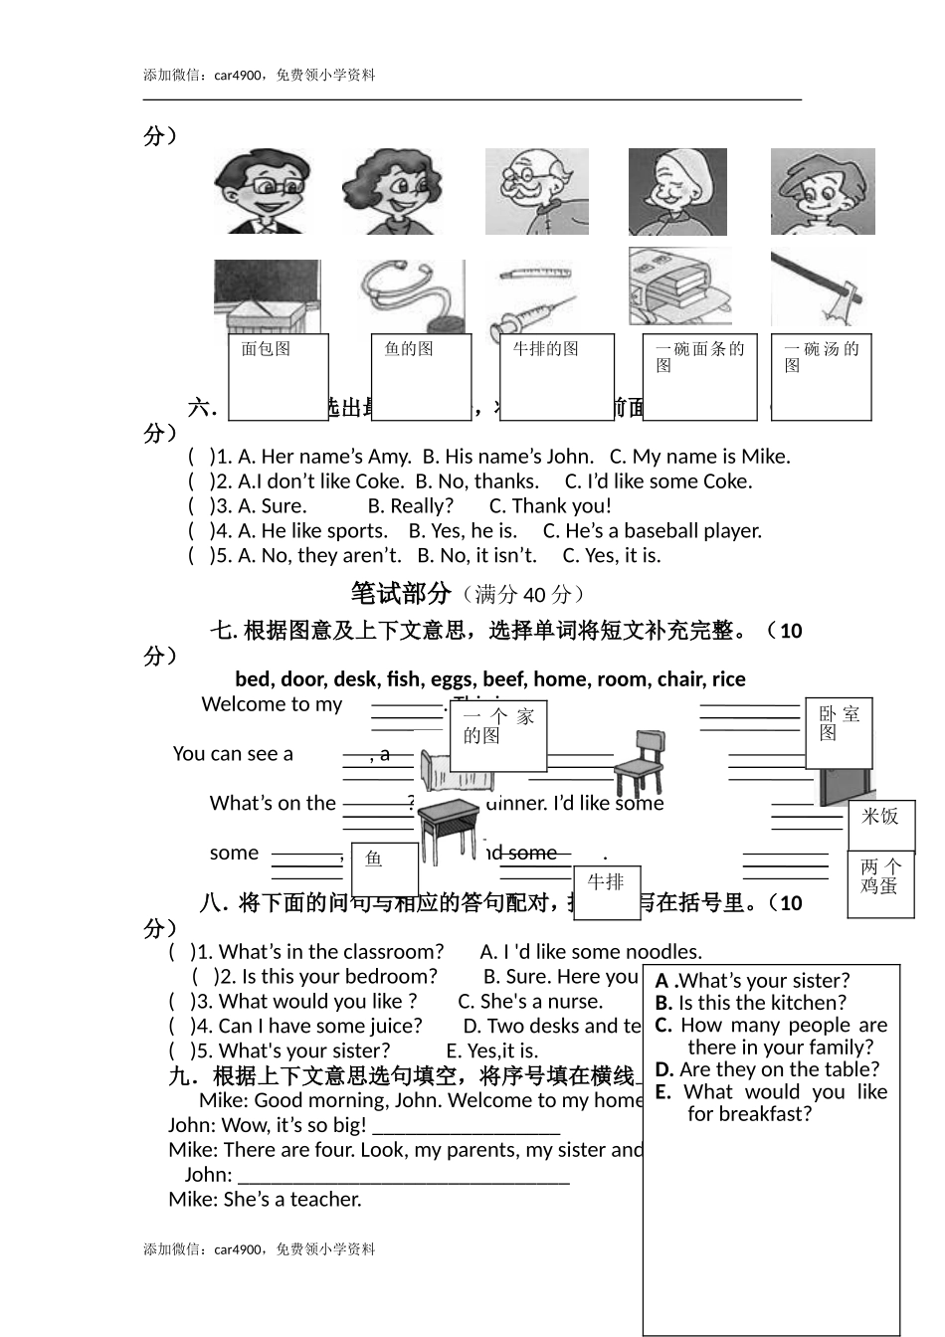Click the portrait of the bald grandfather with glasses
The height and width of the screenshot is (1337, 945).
(536, 192)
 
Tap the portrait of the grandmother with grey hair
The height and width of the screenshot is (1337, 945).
(677, 192)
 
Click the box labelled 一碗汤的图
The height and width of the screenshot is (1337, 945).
(822, 377)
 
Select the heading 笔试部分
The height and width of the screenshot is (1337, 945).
(401, 594)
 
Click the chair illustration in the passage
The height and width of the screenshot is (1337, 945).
(638, 762)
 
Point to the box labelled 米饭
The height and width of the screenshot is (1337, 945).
(881, 825)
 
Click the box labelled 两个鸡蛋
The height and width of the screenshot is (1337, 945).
(880, 884)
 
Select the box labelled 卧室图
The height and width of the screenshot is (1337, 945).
(839, 733)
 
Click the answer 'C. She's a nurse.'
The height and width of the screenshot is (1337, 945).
(530, 1001)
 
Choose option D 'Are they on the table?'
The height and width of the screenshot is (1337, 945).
(768, 1069)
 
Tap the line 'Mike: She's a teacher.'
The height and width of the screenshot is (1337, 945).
(265, 1200)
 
